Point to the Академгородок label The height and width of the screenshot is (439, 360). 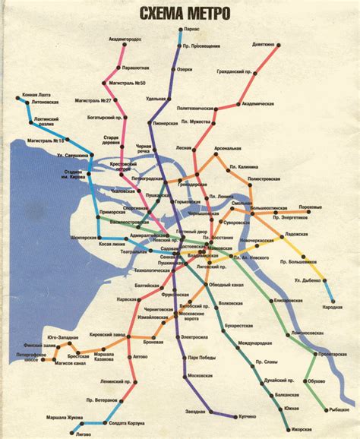[x=125, y=39]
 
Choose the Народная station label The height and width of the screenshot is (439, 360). [x=331, y=307]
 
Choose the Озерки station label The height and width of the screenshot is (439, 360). [x=185, y=70]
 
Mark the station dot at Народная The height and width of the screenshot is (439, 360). [x=328, y=299]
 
